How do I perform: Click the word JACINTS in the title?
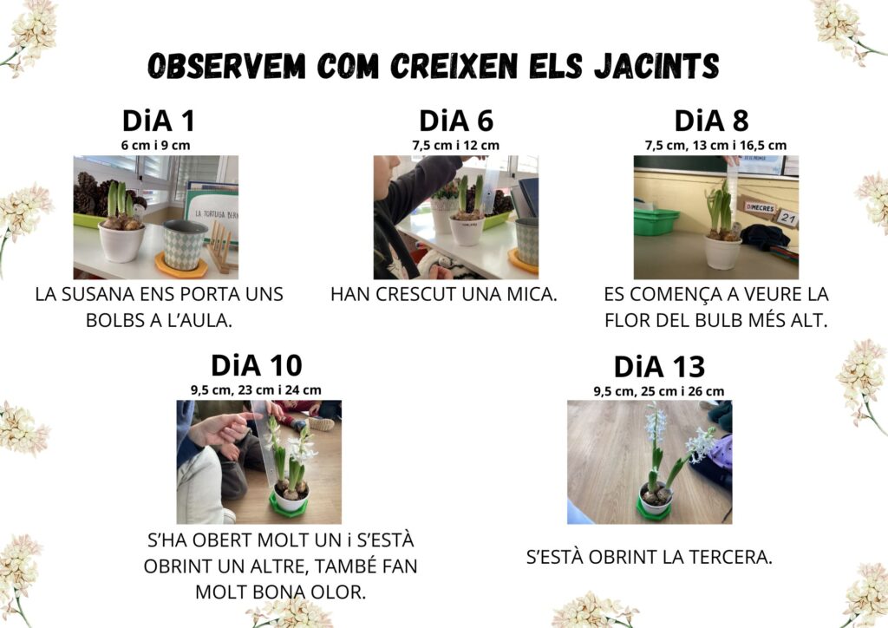656,66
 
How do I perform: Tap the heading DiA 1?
159,121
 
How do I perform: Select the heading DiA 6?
456,121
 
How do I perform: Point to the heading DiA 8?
711,121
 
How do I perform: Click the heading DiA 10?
257,365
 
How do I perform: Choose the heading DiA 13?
659,366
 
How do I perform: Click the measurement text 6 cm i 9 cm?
156,146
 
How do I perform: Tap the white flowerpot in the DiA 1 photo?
121,242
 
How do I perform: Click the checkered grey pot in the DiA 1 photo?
185,245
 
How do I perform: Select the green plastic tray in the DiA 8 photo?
656,221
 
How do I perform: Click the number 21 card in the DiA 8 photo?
787,218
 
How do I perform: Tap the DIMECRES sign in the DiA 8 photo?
760,208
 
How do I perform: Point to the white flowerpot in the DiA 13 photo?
656,498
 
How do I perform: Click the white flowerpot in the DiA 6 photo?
467,230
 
